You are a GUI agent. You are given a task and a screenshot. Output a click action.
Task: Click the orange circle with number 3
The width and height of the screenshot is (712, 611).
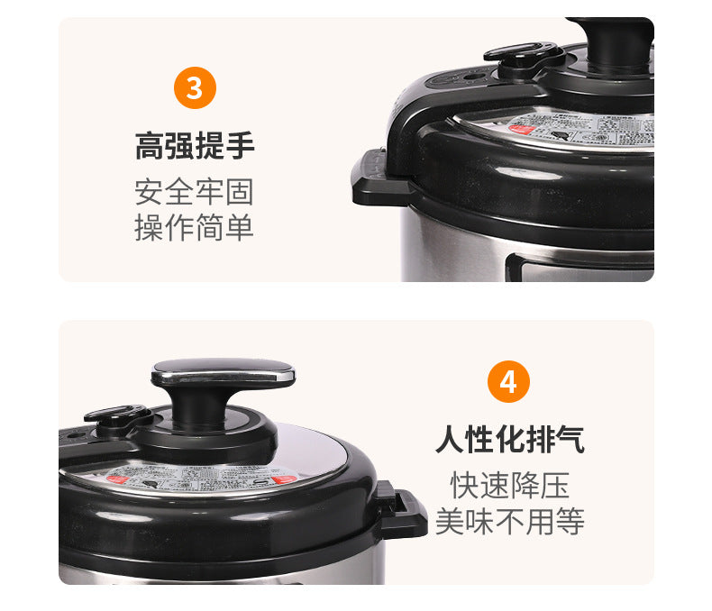195,88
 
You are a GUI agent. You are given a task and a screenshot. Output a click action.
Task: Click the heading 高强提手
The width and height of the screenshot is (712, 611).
195,145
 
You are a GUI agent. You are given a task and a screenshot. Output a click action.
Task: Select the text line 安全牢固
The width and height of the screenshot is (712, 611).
195,191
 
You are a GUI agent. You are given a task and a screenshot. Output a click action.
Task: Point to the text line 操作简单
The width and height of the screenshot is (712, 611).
195,227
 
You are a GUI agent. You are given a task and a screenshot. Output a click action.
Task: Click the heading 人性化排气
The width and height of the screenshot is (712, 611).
509,440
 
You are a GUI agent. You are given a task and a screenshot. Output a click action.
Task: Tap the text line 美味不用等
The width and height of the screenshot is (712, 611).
509,521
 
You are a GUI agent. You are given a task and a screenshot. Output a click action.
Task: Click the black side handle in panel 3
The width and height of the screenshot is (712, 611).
373,178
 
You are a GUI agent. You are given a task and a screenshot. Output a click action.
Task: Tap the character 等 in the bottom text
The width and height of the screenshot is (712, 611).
570,521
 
